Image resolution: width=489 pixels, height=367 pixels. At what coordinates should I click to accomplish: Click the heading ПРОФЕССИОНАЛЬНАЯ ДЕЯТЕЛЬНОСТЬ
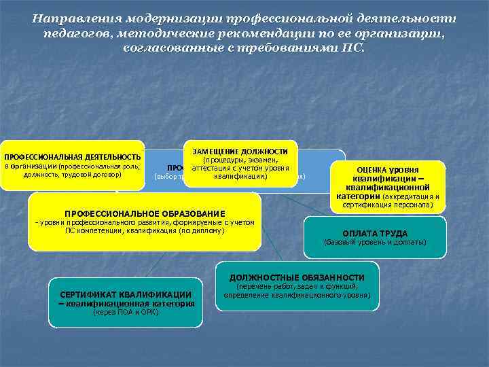[x=73, y=157]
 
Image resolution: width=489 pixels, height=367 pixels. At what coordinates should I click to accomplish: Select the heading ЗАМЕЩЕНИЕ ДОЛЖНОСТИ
[x=240, y=151]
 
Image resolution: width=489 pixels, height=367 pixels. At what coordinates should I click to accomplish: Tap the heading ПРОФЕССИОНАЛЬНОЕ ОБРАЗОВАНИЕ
[x=144, y=211]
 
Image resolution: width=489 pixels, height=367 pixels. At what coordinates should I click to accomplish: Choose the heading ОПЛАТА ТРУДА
[x=375, y=232]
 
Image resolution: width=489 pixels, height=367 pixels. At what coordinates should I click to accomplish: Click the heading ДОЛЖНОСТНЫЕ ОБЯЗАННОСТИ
[x=297, y=277]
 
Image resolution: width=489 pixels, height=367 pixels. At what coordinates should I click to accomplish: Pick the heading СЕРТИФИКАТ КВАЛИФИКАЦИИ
[x=126, y=294]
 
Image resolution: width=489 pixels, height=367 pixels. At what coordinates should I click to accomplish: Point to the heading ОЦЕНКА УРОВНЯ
[x=387, y=170]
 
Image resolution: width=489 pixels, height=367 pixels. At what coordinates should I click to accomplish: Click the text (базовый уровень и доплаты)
[x=375, y=242]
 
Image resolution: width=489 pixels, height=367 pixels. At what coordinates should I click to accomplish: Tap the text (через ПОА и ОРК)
[x=126, y=313]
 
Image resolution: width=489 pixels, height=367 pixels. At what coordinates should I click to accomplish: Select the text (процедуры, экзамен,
[x=240, y=160]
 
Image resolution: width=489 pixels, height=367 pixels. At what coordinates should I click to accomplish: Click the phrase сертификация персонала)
[x=387, y=205]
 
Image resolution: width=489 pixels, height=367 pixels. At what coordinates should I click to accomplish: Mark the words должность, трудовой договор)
[x=72, y=175]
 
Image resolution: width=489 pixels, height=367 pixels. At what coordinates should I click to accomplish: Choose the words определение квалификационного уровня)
[x=297, y=296]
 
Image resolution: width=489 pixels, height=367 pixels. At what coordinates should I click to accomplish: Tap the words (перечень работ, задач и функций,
[x=297, y=287]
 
